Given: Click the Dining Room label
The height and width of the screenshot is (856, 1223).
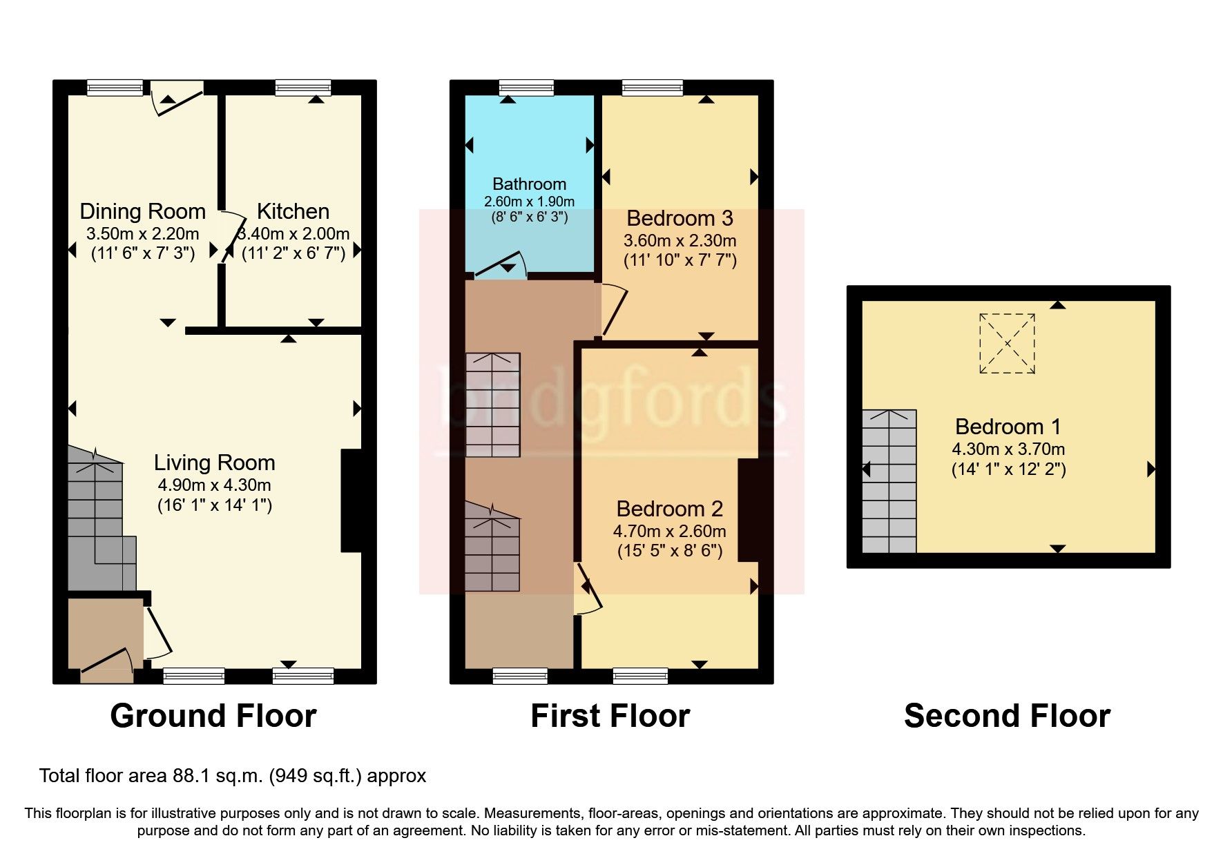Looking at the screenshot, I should [x=143, y=211].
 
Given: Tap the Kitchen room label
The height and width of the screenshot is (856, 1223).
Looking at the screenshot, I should [x=293, y=211].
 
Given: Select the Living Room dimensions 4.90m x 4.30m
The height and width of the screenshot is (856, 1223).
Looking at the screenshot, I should [x=214, y=485].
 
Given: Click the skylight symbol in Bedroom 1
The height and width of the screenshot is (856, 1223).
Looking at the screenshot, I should [x=1007, y=343].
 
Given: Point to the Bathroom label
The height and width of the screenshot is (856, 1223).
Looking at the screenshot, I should [x=529, y=184].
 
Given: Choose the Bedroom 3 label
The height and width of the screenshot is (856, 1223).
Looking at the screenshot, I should [x=680, y=218].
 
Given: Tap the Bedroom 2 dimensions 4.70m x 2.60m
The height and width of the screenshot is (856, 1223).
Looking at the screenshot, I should [x=669, y=532].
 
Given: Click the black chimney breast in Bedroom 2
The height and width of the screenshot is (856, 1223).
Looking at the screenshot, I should [x=747, y=510].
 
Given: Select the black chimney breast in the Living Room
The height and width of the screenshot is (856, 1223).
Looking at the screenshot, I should [x=351, y=500].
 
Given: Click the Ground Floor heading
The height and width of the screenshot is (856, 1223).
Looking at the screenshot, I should [x=213, y=716].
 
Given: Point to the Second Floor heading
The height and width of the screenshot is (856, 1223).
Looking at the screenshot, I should [x=1007, y=716].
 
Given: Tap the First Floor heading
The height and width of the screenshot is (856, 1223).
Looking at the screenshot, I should [x=610, y=716].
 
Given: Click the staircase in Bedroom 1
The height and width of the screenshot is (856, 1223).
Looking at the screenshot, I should [x=889, y=481].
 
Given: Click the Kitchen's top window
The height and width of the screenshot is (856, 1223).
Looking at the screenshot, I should [x=302, y=87].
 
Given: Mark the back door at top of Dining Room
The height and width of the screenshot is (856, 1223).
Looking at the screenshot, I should [x=176, y=97].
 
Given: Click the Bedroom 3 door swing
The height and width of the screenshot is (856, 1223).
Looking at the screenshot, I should [x=613, y=310].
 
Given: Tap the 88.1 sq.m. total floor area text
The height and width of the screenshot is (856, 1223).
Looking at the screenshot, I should [x=232, y=776].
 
